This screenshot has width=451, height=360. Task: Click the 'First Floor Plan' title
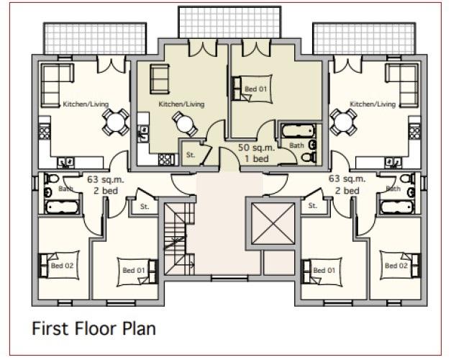(x=94, y=328)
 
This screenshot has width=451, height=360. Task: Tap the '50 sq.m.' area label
(x=256, y=148)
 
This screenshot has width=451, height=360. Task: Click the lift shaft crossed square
(x=273, y=223)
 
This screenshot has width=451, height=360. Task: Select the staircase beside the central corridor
(x=179, y=238)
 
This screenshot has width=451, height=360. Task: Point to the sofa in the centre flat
(x=160, y=79)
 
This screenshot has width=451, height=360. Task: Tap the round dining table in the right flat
(x=343, y=122)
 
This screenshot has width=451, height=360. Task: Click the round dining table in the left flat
(x=115, y=122)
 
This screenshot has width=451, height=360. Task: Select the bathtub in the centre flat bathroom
(x=298, y=131)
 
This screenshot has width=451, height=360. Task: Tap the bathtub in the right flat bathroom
(x=397, y=207)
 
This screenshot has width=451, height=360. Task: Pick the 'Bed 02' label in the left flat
(x=62, y=266)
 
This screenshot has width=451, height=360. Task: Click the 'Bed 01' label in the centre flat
(x=255, y=89)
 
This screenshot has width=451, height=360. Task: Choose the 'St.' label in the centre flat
(x=191, y=155)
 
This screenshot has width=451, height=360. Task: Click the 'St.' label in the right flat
(x=312, y=206)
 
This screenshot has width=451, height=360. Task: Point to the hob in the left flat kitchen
(x=45, y=132)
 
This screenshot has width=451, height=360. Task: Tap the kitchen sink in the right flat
(x=393, y=163)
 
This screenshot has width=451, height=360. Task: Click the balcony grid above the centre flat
(x=229, y=22)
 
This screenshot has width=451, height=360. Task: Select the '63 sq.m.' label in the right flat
(x=347, y=179)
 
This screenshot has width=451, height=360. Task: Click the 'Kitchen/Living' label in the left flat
(x=86, y=104)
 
